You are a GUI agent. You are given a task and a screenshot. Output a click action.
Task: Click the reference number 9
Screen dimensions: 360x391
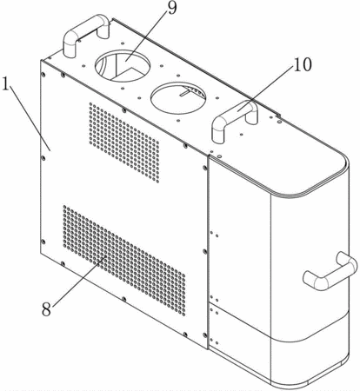[172, 8]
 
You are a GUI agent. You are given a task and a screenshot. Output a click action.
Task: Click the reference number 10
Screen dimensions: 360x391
[303, 64]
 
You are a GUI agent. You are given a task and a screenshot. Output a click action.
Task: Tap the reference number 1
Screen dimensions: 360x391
[6, 83]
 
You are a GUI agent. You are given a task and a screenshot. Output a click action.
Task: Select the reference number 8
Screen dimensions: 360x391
[46, 309]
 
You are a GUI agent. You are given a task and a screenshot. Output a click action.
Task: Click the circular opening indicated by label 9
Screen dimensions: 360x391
[123, 66]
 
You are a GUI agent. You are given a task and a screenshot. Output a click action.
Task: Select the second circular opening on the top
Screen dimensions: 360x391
[178, 98]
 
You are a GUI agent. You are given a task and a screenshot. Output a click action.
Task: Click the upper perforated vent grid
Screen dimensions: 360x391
[124, 142]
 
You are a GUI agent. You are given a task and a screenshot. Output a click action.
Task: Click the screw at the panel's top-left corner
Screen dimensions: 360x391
[43, 75]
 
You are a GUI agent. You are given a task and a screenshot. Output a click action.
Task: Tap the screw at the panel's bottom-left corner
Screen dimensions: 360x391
[43, 242]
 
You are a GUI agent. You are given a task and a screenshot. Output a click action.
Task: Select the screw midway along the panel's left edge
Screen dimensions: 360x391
[43, 158]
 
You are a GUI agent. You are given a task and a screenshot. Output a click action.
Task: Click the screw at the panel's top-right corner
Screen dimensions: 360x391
[205, 168]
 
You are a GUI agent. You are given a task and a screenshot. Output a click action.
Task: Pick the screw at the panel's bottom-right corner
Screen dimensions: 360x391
[205, 335]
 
